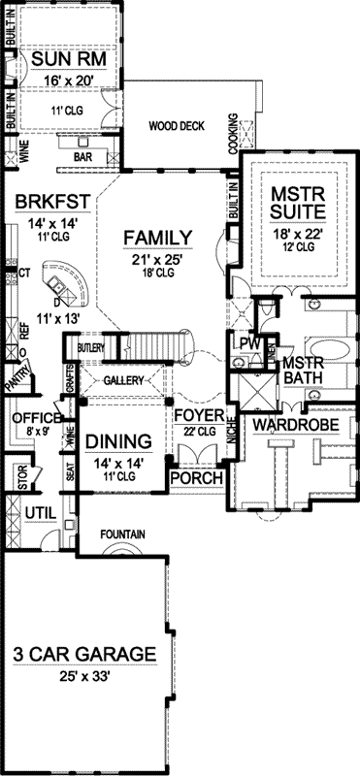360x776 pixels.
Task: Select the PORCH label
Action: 196,480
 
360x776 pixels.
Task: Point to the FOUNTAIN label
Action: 121,533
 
